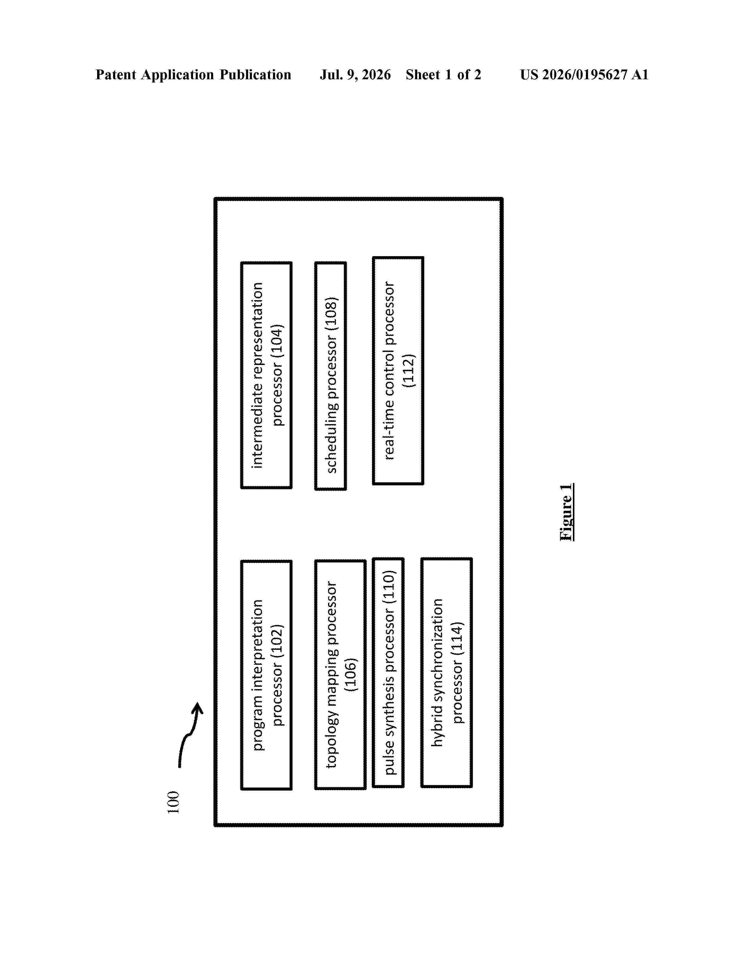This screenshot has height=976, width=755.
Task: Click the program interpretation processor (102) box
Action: point(266,675)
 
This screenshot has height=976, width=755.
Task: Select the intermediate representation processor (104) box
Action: point(266,375)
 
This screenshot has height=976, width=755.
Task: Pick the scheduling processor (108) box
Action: point(330,376)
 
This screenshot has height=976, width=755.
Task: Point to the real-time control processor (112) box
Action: point(398,371)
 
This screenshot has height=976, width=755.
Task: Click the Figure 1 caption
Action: point(566,512)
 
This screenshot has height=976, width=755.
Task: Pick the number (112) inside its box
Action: point(409,371)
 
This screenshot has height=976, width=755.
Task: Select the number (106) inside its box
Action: point(351,675)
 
